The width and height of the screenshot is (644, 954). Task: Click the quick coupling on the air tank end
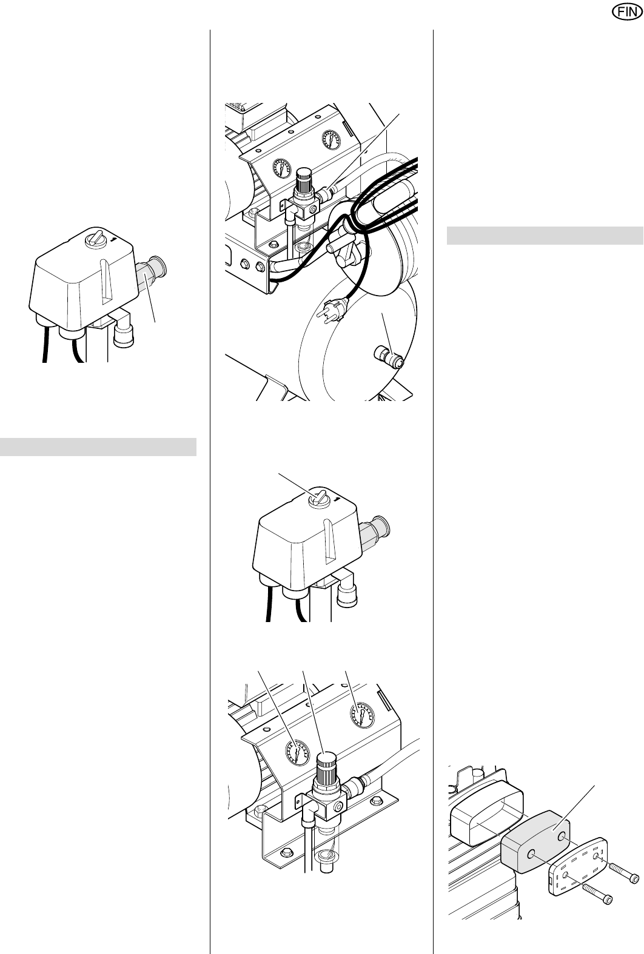tap(389, 357)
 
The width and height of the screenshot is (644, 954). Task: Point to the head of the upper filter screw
tap(635, 879)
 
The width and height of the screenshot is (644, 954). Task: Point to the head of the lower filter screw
tap(608, 899)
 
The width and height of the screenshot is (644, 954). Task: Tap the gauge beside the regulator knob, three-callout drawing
tap(297, 752)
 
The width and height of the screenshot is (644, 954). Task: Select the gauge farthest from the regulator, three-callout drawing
tap(362, 715)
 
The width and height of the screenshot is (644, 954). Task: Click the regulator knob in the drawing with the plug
tap(304, 179)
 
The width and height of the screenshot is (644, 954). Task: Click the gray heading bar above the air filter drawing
tap(545, 236)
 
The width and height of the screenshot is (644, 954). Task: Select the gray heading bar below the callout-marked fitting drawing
tap(98, 447)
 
